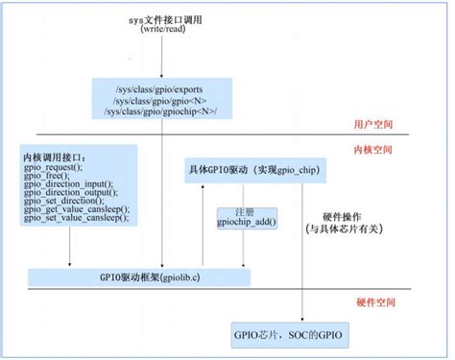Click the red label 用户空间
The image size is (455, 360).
[373, 125]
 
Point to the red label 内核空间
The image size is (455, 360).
[373, 151]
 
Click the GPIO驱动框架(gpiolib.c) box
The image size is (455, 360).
[139, 276]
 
